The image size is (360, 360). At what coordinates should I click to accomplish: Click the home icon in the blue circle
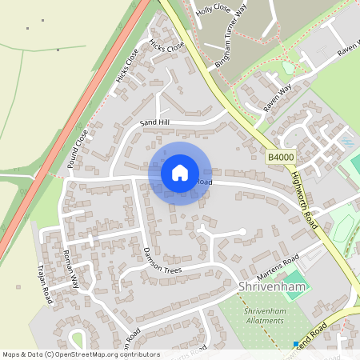[x=180, y=172]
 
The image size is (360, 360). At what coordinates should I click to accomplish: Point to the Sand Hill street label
[x=155, y=122]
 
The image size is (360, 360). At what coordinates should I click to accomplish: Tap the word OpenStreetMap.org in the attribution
[x=92, y=354]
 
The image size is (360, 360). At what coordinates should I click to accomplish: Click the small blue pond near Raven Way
[x=346, y=142]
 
